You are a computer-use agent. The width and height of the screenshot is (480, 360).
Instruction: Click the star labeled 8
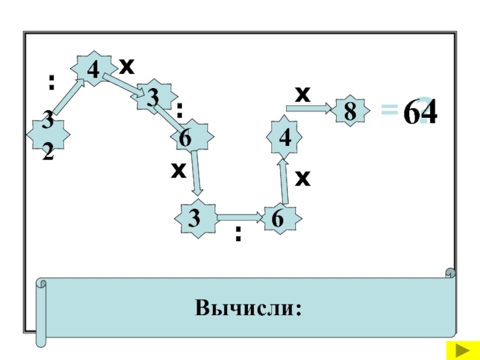click(349, 111)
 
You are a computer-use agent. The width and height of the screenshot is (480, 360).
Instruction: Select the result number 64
click(419, 112)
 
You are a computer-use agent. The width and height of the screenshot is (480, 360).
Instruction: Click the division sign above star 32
click(51, 82)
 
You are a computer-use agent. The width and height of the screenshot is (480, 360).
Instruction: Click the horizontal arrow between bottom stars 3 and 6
click(239, 217)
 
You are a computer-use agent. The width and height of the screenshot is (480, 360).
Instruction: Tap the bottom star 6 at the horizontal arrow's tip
click(278, 218)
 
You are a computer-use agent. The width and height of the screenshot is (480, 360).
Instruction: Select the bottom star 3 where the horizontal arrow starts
click(194, 218)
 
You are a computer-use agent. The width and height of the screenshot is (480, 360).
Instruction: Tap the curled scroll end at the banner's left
click(41, 312)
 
